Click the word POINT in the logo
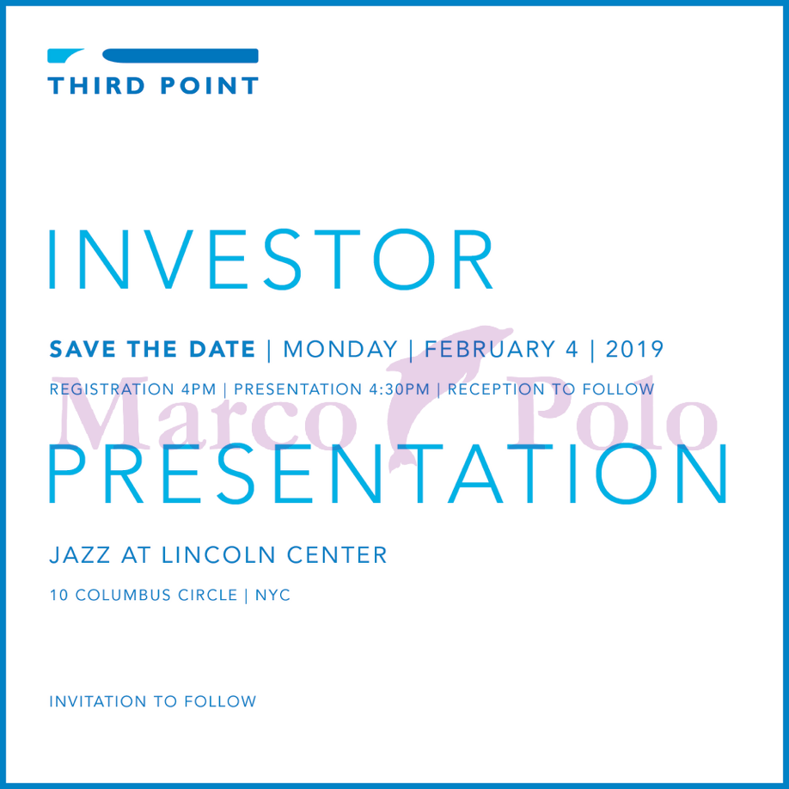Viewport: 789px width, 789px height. point(210,86)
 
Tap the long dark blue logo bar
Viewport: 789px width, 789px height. point(180,56)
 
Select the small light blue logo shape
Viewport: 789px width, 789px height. point(65,55)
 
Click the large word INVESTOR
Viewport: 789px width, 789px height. point(271,260)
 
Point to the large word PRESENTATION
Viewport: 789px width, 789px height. point(388,474)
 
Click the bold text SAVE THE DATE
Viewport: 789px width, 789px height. point(152,349)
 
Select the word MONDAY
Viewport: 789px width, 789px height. point(340,349)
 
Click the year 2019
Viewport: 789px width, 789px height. point(634,349)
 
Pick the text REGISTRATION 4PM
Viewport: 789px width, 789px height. point(133,389)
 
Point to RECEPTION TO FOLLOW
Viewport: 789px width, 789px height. point(551,389)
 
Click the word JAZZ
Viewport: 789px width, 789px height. point(80,555)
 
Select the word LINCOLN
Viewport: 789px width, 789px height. point(218,555)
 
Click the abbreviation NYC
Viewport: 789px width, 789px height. point(272,595)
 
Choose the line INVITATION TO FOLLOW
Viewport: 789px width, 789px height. point(153,701)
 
